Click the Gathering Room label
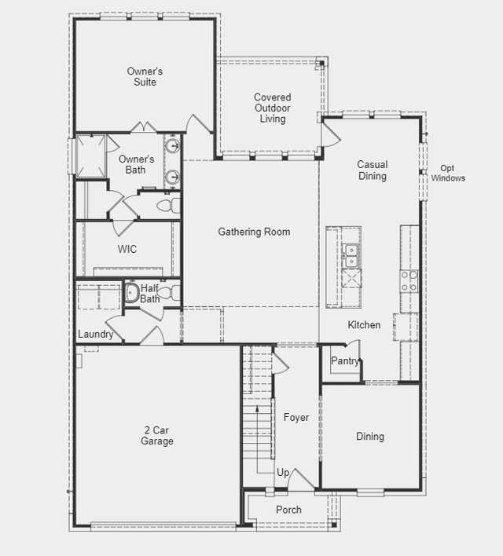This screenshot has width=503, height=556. [x=254, y=232]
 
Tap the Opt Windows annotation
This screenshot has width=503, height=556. [x=448, y=173]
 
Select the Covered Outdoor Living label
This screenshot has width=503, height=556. [x=272, y=108]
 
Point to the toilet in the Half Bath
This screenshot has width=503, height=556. [x=169, y=293]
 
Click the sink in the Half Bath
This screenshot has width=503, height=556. [x=132, y=293]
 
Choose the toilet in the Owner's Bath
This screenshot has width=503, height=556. [x=169, y=206]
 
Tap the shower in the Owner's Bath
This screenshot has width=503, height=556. [x=91, y=155]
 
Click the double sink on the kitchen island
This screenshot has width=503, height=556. [x=351, y=256]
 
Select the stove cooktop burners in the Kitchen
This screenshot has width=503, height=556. [x=409, y=281]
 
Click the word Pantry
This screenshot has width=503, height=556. [x=345, y=361]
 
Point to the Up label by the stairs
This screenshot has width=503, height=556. [x=283, y=473]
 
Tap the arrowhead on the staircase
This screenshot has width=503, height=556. [x=257, y=409]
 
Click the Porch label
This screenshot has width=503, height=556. [x=288, y=510]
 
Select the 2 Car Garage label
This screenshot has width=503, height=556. [x=157, y=435]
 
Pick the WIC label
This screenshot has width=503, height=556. [x=127, y=249]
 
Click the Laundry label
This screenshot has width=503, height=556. [x=95, y=334]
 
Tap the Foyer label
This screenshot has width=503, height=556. [x=296, y=417]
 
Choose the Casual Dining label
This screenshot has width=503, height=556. [x=373, y=170]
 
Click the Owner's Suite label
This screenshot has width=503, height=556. [x=145, y=77]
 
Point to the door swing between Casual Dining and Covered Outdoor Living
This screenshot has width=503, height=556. [x=331, y=134]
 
